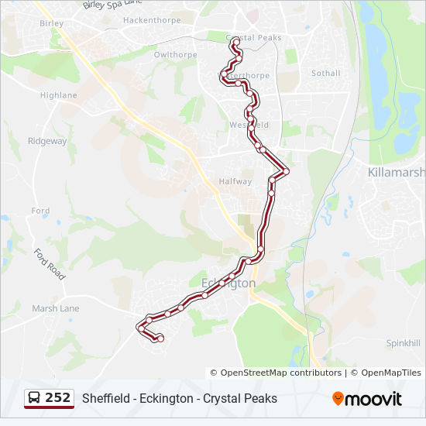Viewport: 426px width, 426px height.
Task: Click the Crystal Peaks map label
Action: click(253, 37)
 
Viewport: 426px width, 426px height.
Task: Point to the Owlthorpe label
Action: click(175, 56)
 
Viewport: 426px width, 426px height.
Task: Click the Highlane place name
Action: click(59, 95)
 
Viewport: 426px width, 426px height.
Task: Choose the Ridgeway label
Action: click(47, 141)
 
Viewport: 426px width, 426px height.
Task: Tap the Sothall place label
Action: click(325, 74)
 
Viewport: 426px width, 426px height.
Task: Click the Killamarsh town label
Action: click(396, 171)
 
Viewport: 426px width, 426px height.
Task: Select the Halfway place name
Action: click(235, 181)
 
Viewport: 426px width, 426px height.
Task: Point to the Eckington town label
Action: click(228, 283)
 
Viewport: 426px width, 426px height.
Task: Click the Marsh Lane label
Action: click(56, 308)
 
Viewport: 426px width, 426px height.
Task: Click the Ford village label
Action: click(40, 211)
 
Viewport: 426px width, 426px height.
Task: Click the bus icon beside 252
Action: click(34, 398)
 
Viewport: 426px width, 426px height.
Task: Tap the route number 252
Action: click(57, 398)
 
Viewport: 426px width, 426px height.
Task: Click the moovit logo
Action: click(367, 399)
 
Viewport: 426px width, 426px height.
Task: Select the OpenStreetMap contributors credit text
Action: click(281, 373)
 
